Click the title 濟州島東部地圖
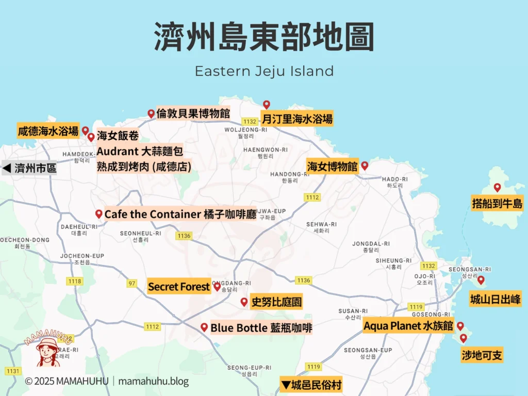(264, 37)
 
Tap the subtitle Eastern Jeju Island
(264, 71)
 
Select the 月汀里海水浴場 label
(296, 119)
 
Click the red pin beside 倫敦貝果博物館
(151, 113)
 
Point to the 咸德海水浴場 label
(48, 131)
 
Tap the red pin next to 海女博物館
(365, 166)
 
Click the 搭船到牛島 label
(497, 203)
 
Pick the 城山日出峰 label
(495, 299)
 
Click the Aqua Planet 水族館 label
(408, 326)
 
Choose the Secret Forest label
(179, 287)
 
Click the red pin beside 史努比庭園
(244, 302)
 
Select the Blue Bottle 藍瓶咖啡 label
(261, 328)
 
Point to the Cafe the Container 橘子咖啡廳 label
(180, 214)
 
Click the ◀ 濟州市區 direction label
(30, 168)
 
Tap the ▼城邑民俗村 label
(311, 385)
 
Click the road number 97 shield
(133, 283)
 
